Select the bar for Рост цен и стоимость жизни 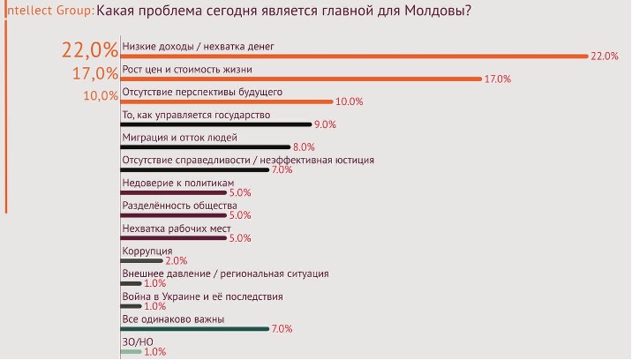click(300, 78)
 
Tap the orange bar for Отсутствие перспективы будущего click(225, 101)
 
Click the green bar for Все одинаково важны click(194, 328)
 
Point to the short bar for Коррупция click(141, 260)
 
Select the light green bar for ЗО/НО click(131, 351)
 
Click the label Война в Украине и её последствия click(202, 296)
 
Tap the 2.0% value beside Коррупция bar click(177, 261)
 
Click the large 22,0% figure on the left click(89, 51)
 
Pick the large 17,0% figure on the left click(94, 74)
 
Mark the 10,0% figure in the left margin click(100, 96)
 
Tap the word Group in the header click(71, 12)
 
